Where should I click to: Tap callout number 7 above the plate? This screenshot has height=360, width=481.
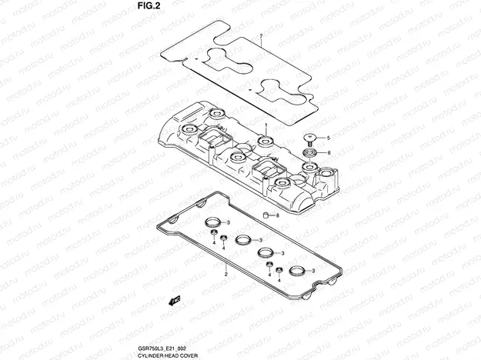pos(261,36)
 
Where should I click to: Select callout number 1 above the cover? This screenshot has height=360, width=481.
pos(266,125)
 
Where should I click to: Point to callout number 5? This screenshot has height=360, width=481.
pos(328,138)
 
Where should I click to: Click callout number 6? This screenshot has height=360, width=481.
pos(329,153)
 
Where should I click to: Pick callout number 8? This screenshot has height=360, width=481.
pos(277,215)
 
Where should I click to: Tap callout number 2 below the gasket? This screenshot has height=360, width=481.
pos(226,274)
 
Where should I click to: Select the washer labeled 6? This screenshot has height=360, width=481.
pos(309,153)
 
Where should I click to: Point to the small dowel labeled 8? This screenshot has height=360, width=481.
pos(266,215)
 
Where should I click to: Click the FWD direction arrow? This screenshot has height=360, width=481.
pos(175,301)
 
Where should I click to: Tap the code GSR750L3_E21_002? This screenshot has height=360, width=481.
pos(162,348)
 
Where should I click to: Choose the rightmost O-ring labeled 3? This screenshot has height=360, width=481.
pos(297,271)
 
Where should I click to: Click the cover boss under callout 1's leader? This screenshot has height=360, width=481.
pos(266,142)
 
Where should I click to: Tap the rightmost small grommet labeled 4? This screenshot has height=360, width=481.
pos(279,270)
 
